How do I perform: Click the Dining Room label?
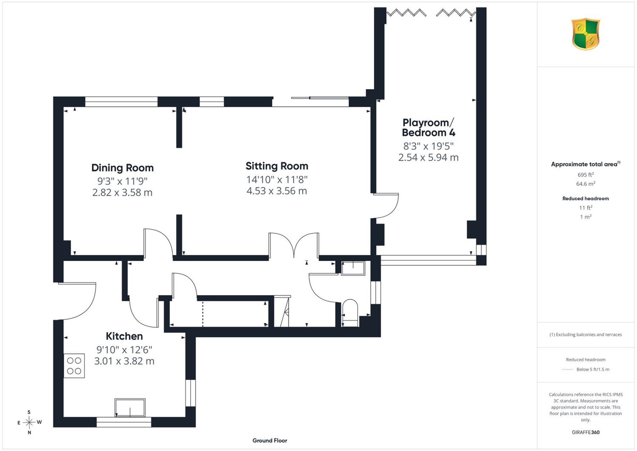click(x=123, y=168)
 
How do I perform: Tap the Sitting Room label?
click(x=277, y=166)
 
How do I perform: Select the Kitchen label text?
click(x=124, y=336)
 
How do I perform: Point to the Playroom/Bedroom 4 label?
click(x=428, y=128)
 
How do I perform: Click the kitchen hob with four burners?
click(x=74, y=366)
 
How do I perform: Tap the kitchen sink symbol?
click(x=130, y=408)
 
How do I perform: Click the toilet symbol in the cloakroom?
click(x=350, y=313)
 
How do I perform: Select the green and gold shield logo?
click(x=586, y=34)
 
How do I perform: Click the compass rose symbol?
click(x=29, y=422)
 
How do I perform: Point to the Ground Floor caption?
click(x=270, y=441)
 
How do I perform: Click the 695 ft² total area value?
click(x=586, y=175)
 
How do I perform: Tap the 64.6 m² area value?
click(x=586, y=184)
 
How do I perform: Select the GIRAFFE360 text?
click(x=586, y=432)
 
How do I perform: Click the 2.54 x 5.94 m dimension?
click(x=428, y=157)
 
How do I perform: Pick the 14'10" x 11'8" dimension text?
click(x=277, y=180)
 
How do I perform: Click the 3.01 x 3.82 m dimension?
click(x=124, y=361)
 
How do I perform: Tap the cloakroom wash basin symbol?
click(x=353, y=268)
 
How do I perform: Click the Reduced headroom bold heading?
click(x=586, y=199)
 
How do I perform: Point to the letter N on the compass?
click(x=29, y=432)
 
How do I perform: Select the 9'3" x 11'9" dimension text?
click(x=122, y=181)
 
